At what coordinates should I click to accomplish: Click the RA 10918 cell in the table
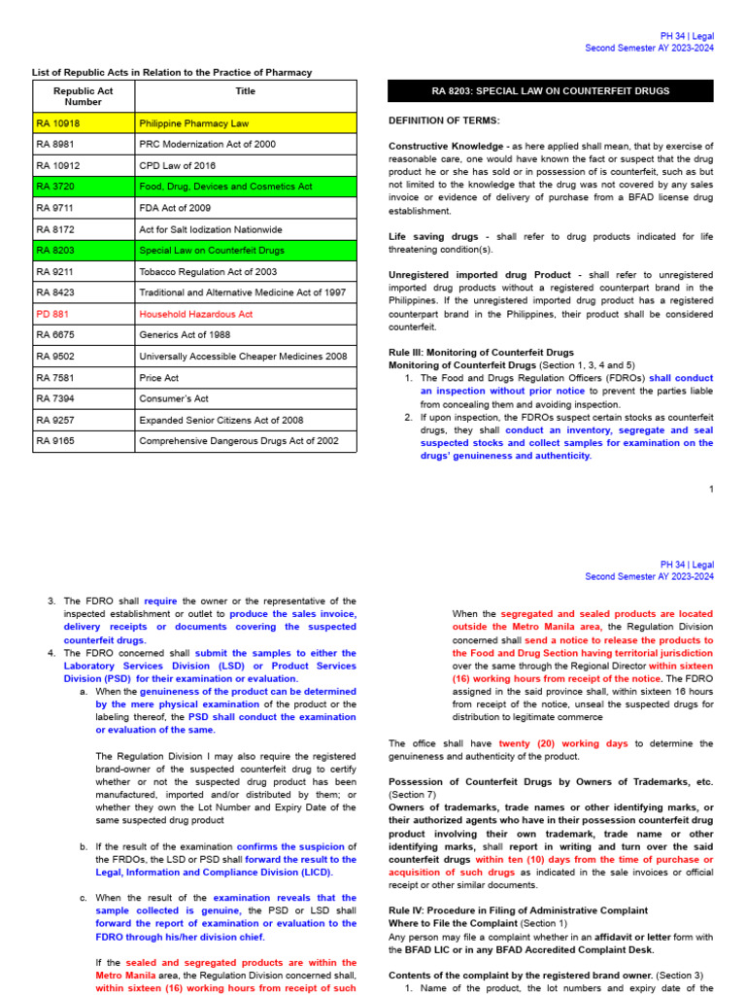point(59,123)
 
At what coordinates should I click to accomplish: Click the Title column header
point(246,90)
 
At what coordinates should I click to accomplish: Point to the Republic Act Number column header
point(83,96)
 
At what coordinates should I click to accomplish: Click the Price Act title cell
point(159,377)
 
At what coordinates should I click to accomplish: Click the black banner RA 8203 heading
point(550,91)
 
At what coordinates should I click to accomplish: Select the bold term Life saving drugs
point(433,236)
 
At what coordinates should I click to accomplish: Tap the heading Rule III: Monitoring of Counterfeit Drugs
point(481,352)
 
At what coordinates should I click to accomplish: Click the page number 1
point(710,489)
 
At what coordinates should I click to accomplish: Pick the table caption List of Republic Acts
point(172,72)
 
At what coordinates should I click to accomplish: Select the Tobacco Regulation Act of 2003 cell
point(208,272)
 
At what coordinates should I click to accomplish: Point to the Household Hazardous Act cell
point(195,314)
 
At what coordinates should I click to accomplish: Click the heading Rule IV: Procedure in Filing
point(518,909)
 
